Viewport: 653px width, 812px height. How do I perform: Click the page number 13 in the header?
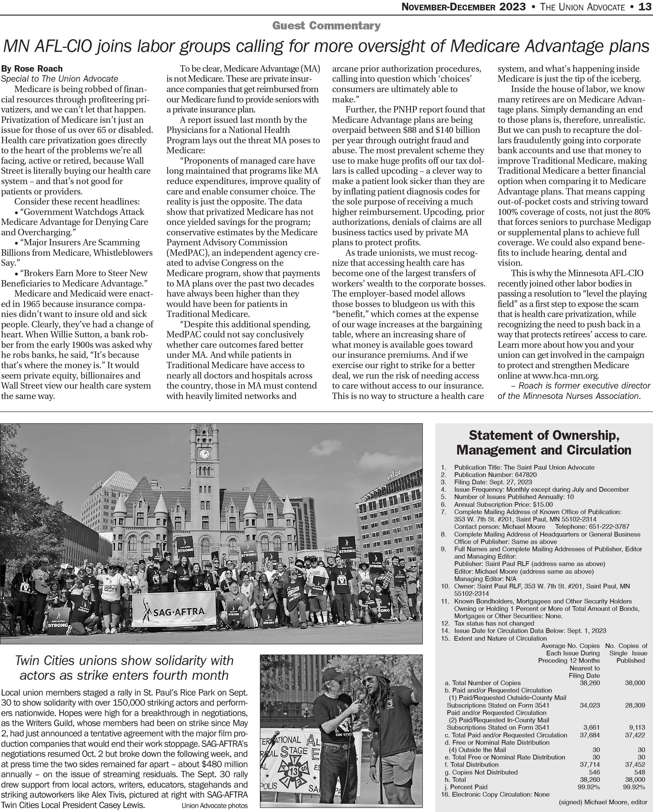click(645, 7)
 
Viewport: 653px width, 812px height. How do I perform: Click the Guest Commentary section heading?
click(326, 26)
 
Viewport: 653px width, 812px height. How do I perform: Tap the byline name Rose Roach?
click(39, 69)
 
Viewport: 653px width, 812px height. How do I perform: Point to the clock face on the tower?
click(204, 454)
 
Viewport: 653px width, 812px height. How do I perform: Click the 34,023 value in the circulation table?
click(590, 705)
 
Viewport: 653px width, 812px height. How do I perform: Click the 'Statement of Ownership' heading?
click(544, 435)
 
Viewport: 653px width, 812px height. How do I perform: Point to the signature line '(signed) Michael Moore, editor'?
click(603, 802)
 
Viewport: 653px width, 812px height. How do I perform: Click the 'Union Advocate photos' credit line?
click(215, 806)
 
